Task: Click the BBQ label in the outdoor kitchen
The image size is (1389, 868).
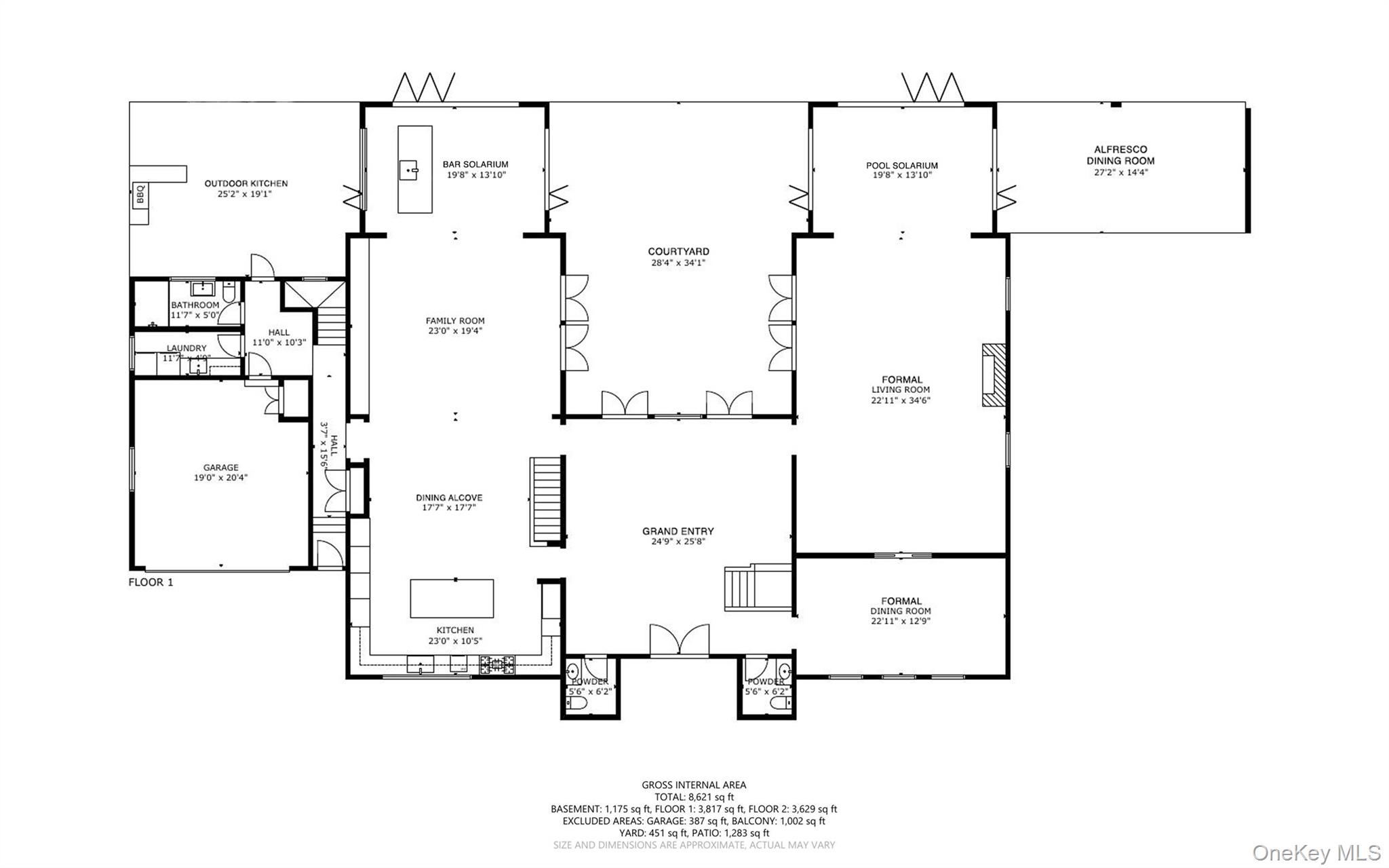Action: [140, 195]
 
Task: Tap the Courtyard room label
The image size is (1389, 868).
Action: [678, 252]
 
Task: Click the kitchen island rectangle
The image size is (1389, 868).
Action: [452, 598]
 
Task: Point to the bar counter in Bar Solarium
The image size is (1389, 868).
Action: [414, 170]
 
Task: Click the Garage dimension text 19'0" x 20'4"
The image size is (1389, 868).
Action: [220, 477]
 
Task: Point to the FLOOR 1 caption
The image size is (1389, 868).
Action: [151, 582]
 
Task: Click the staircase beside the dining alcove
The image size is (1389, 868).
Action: [547, 501]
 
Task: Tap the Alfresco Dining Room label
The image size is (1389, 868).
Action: [1120, 155]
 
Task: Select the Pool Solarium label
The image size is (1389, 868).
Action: [901, 166]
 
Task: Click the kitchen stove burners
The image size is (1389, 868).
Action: [497, 664]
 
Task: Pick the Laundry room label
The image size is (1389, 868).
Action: [187, 348]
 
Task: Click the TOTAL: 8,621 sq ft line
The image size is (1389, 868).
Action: [694, 797]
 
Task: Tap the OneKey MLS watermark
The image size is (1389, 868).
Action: [1316, 852]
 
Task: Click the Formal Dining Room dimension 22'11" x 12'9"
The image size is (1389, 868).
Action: [901, 620]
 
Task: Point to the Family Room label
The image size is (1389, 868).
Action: [455, 321]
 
